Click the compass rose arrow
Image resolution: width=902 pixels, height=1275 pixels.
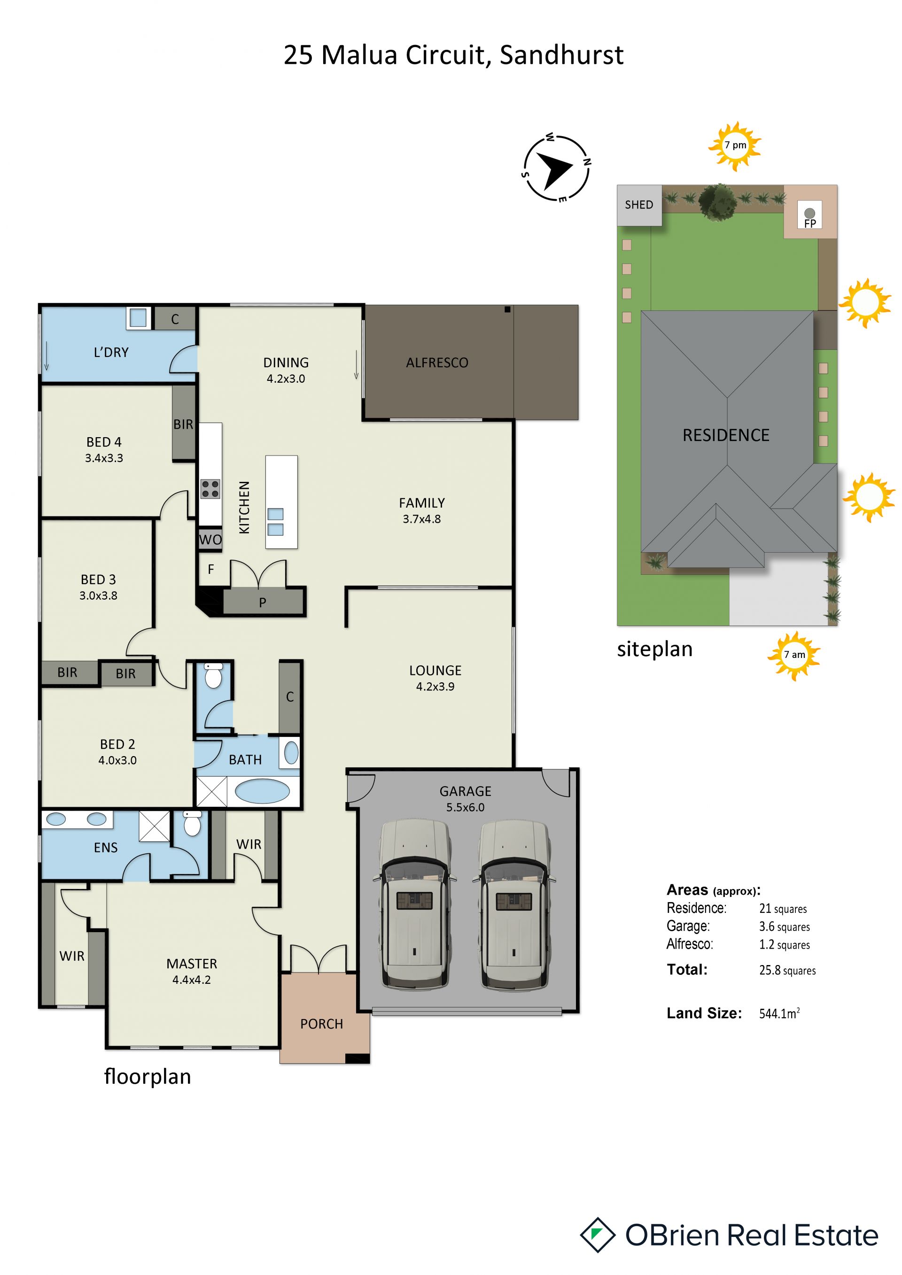(x=554, y=170)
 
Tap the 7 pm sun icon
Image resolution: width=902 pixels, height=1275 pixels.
(x=734, y=146)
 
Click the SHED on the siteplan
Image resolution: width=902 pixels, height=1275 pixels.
(x=639, y=205)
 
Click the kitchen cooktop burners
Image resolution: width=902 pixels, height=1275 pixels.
(x=210, y=489)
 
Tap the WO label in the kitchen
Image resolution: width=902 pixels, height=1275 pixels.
(x=210, y=539)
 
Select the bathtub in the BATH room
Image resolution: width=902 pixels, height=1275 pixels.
(x=262, y=791)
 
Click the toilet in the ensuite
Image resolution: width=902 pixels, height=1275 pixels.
(x=192, y=824)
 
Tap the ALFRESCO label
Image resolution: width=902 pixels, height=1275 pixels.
(x=437, y=363)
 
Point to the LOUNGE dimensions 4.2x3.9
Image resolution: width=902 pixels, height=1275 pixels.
(x=435, y=687)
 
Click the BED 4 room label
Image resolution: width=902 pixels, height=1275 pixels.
(x=104, y=442)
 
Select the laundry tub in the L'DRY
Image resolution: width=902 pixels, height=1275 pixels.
(x=138, y=317)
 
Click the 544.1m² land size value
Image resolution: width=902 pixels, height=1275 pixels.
(x=780, y=1013)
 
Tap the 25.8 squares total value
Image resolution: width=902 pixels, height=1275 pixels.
(x=787, y=970)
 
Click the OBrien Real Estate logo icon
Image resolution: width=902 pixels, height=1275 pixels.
(x=598, y=1235)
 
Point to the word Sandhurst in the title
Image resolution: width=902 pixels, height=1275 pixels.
(x=561, y=55)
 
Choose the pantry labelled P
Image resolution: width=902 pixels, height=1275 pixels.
(x=263, y=602)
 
